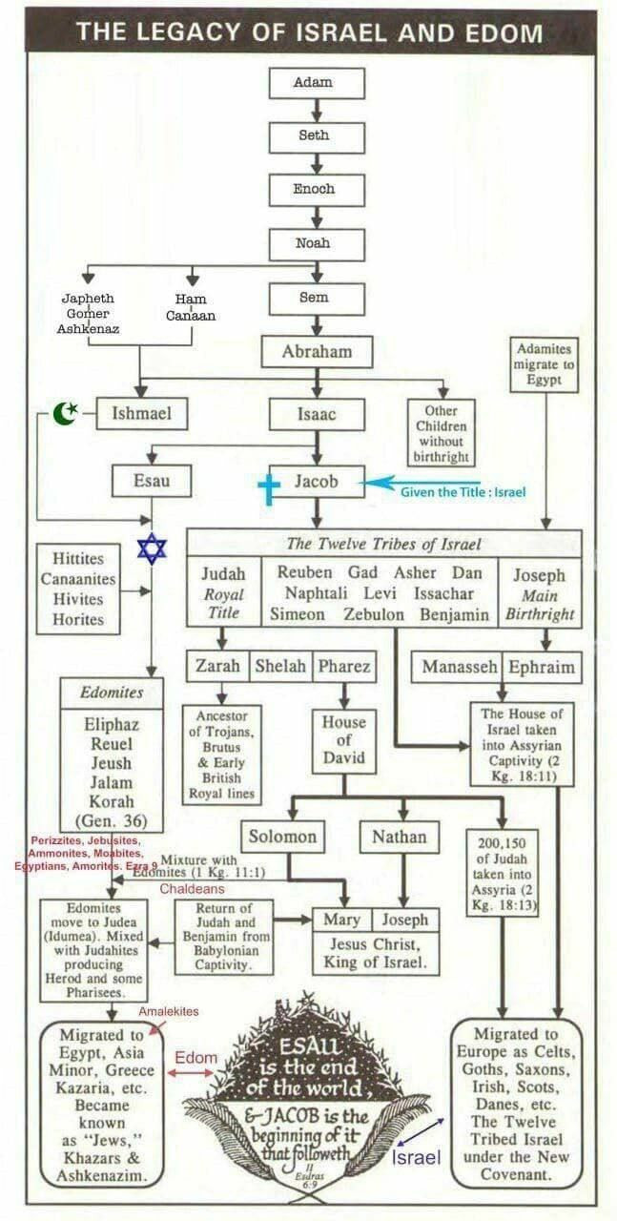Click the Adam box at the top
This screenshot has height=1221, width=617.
[x=314, y=82]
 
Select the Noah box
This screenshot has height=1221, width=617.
[x=313, y=243]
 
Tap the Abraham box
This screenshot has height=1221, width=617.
[x=317, y=352]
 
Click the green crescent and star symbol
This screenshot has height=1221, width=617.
[x=66, y=413]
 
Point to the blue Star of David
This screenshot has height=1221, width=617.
[x=152, y=548]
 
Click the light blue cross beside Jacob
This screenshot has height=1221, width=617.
[x=269, y=487]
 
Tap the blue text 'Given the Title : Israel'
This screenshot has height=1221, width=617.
[x=463, y=491]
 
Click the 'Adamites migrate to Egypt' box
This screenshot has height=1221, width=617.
[x=544, y=363]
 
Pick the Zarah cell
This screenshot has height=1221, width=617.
[x=217, y=666]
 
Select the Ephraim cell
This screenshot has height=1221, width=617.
[x=541, y=667]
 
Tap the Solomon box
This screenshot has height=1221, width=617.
[x=282, y=838]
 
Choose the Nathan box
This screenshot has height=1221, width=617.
[x=399, y=838]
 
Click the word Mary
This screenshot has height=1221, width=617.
[x=341, y=921]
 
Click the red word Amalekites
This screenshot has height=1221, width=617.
[x=169, y=1011]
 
